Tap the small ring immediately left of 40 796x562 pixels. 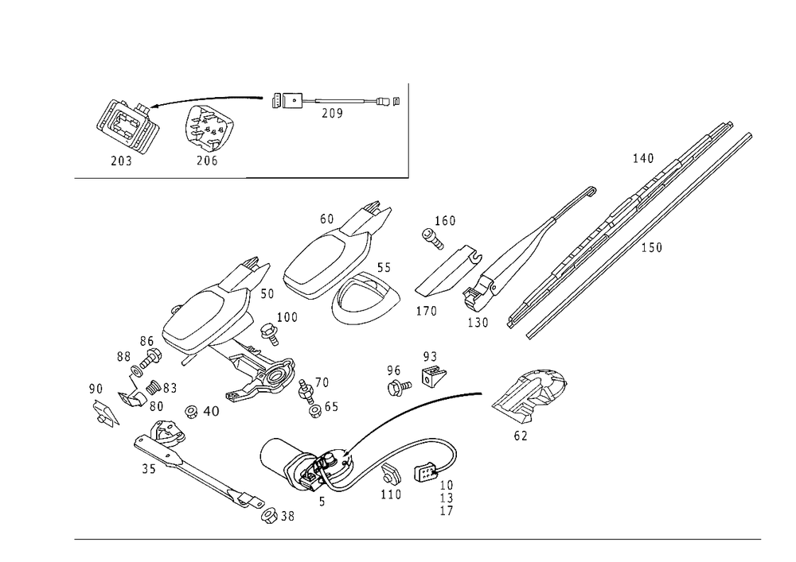coord(190,411)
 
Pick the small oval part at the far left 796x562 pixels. coord(103,411)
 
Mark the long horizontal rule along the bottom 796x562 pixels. coord(418,538)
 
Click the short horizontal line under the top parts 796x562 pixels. coord(326,175)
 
